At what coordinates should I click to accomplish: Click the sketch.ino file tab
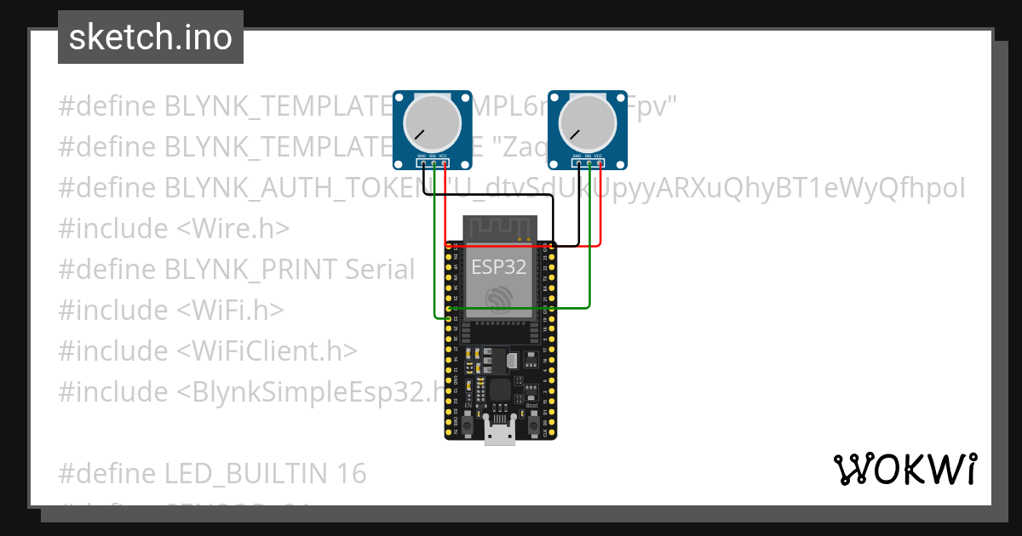[151, 37]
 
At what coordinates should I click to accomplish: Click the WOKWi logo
[904, 470]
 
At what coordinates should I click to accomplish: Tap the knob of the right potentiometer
[586, 124]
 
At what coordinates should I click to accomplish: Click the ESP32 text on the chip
[499, 266]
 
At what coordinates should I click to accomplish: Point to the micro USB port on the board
[500, 432]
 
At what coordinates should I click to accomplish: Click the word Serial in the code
[380, 270]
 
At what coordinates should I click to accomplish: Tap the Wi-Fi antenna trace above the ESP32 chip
[499, 227]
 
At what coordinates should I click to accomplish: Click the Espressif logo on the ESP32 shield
[499, 299]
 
